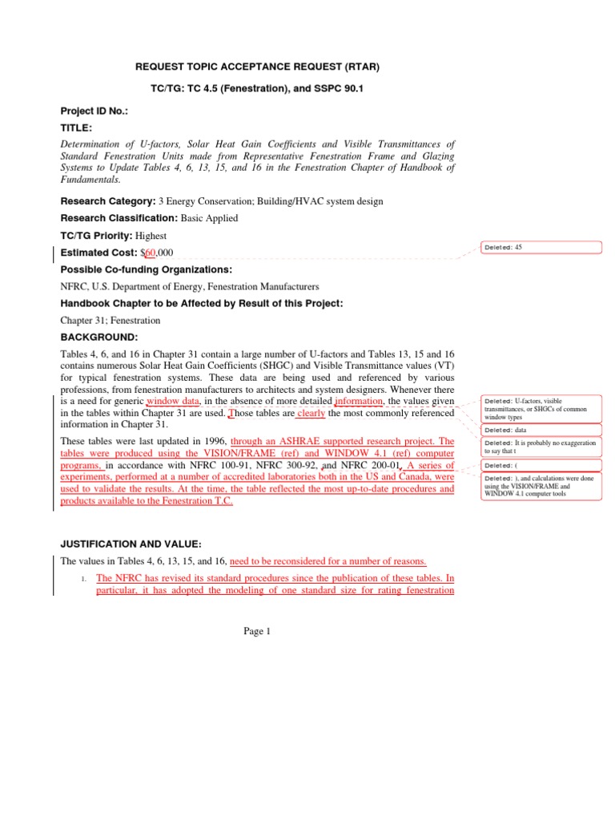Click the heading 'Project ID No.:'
(x=94, y=111)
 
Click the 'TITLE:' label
(x=77, y=127)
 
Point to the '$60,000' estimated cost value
(x=163, y=253)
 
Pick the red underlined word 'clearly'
(x=311, y=414)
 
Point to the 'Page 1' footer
(x=258, y=631)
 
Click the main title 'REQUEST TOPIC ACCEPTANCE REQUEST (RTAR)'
(x=245, y=67)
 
